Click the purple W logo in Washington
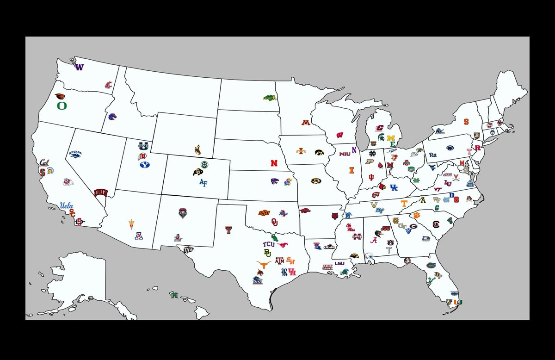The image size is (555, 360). (80, 67)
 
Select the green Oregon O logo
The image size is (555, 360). (62, 106)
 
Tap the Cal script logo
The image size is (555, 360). (44, 162)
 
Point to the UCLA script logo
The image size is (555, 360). (67, 205)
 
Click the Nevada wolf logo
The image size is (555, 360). (76, 154)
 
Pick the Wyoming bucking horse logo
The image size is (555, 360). (197, 150)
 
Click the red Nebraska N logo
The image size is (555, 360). (275, 163)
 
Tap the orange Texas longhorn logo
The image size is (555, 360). (264, 265)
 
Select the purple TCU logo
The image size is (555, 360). (269, 244)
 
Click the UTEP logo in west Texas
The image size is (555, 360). (188, 250)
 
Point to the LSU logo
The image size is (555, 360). (339, 263)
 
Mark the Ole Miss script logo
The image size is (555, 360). (352, 228)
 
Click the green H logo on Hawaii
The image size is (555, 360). (174, 295)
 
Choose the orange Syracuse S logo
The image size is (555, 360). (466, 122)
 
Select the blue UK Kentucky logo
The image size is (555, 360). (394, 187)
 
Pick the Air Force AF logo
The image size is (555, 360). (203, 182)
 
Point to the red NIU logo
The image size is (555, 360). (345, 154)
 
